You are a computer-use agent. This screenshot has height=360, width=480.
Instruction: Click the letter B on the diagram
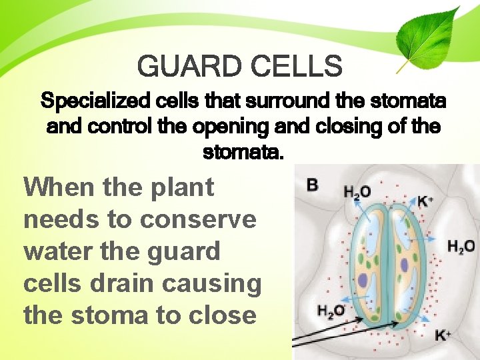click(313, 185)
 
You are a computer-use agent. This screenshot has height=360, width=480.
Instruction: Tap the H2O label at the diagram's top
click(357, 192)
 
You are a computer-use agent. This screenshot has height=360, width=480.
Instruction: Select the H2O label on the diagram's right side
click(461, 247)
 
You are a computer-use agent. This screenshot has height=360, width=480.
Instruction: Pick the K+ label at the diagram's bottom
click(442, 335)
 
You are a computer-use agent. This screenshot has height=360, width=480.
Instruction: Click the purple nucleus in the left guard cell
click(363, 279)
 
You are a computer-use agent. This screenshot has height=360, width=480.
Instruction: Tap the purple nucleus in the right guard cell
click(403, 265)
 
